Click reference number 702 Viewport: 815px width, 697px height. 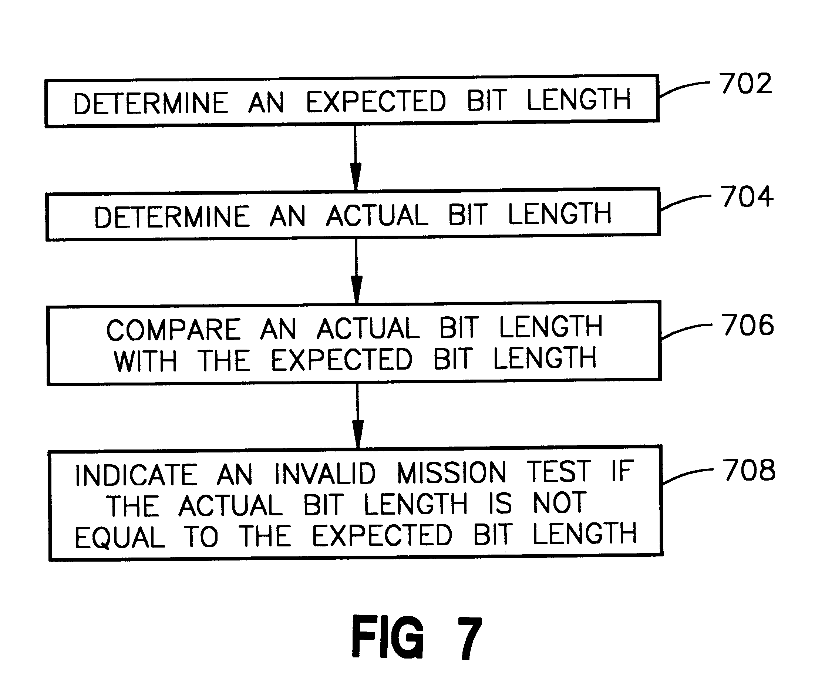(x=745, y=83)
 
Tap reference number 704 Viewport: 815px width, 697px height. (x=746, y=196)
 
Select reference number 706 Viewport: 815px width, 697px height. (x=747, y=325)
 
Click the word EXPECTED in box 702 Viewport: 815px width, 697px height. (x=375, y=101)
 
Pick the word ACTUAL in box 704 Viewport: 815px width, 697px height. (x=377, y=216)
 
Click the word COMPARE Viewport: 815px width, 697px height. (x=173, y=330)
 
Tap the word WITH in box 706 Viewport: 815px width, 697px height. (x=145, y=361)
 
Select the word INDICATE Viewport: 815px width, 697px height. (x=136, y=475)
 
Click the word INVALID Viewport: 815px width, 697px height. (x=324, y=473)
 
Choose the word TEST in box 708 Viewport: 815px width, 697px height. (x=558, y=471)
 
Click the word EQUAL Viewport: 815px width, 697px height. (x=119, y=538)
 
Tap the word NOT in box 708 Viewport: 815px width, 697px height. (x=559, y=503)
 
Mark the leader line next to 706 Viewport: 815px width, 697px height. (x=686, y=330)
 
